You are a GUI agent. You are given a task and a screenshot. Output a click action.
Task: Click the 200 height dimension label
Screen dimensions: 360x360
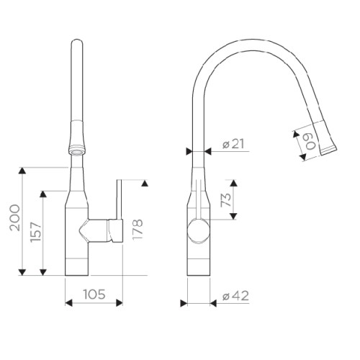(x=15, y=217)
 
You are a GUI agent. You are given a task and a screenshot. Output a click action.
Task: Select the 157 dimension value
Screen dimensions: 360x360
(x=36, y=232)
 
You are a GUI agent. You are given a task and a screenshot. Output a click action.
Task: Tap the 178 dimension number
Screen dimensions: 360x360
(x=138, y=230)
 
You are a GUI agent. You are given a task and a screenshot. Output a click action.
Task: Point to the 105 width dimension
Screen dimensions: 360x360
(x=94, y=294)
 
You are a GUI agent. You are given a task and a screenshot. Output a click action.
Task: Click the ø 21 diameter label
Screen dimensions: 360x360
(x=233, y=144)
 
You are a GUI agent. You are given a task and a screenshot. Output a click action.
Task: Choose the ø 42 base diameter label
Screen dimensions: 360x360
(x=235, y=296)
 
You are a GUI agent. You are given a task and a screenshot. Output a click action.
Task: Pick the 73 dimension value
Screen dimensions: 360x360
(x=226, y=200)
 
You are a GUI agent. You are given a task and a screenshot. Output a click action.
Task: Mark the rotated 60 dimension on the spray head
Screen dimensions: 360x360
(x=310, y=142)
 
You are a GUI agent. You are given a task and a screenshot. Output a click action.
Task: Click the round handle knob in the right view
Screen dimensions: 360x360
(x=199, y=231)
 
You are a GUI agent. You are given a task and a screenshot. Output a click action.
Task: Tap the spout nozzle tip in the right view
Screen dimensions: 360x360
(x=329, y=150)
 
